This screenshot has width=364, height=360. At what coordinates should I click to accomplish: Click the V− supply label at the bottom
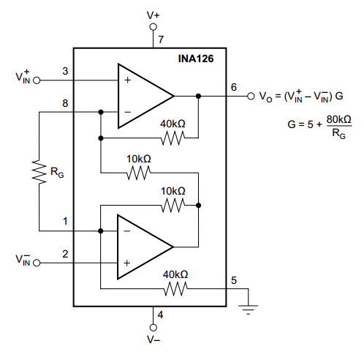pyautogui.click(x=153, y=340)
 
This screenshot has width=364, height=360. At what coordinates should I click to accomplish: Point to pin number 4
pyautogui.click(x=160, y=316)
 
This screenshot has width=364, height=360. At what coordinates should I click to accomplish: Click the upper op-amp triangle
pyautogui.click(x=143, y=96)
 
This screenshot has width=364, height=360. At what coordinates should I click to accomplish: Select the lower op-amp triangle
pyautogui.click(x=143, y=245)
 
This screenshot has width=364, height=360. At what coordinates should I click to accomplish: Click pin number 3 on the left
pyautogui.click(x=65, y=71)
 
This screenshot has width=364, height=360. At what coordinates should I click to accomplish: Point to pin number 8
pyautogui.click(x=65, y=104)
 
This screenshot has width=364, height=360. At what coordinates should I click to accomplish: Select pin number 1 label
pyautogui.click(x=65, y=220)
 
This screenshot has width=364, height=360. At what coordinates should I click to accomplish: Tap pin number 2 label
pyautogui.click(x=65, y=254)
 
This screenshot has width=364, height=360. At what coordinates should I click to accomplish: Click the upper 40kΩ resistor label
pyautogui.click(x=173, y=124)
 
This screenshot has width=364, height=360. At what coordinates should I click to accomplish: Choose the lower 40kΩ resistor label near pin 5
pyautogui.click(x=175, y=274)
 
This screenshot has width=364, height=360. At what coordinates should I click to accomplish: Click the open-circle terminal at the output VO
pyautogui.click(x=251, y=96)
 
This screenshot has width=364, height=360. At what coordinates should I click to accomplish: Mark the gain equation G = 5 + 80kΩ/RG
pyautogui.click(x=319, y=125)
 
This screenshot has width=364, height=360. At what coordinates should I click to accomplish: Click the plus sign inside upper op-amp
pyautogui.click(x=127, y=80)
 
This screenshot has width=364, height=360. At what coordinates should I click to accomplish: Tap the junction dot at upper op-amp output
pyautogui.click(x=198, y=96)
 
